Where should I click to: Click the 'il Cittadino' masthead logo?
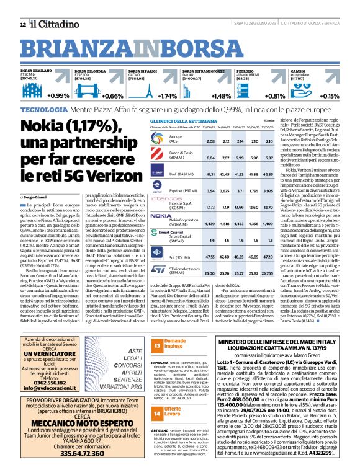tap(51, 24)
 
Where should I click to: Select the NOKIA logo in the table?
tap(161, 215)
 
